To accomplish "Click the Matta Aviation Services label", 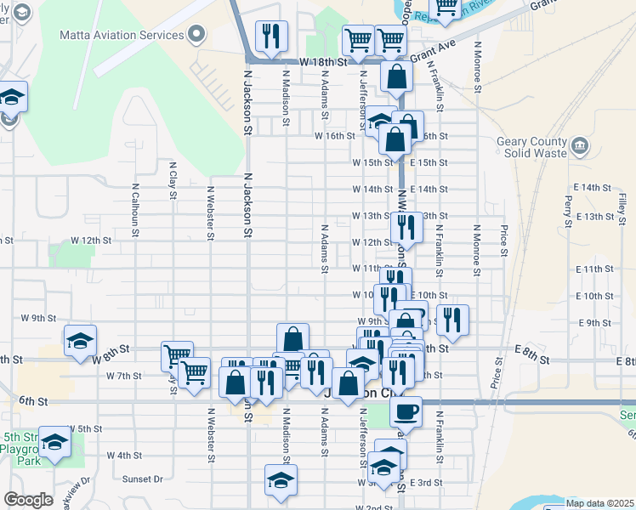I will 122,35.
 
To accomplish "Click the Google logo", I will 28,500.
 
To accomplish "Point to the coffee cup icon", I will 406,411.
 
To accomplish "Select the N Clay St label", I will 173,180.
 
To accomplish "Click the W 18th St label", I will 326,63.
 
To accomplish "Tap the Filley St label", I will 622,205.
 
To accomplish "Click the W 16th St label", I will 334,136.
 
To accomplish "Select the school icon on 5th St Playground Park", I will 55,443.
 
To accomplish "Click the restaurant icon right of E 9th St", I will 452,320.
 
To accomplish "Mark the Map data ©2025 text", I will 599,502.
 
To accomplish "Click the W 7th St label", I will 123,375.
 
